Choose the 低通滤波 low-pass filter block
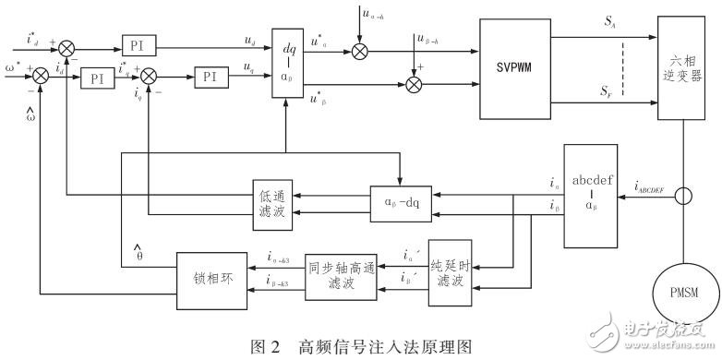[272, 200]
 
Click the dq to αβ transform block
[288, 64]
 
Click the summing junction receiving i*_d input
[68, 45]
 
